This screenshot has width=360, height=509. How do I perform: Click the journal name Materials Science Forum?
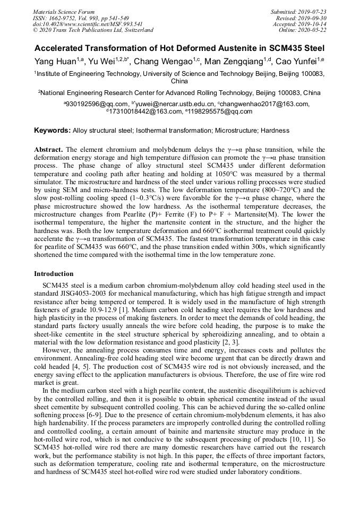64,12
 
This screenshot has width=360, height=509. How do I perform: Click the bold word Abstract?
48,150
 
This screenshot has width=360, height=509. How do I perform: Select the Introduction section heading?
54,274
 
